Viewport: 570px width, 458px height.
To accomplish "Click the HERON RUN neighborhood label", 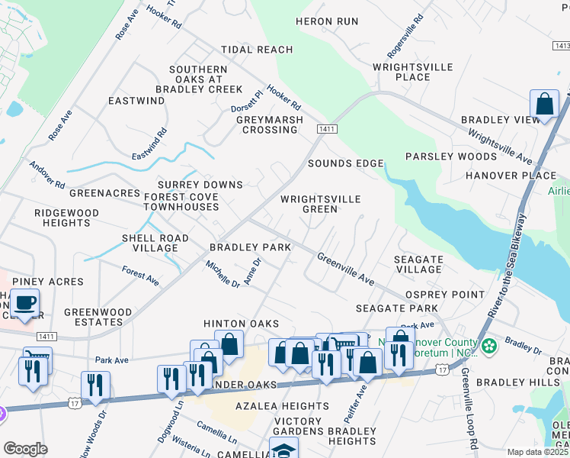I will coord(326,21).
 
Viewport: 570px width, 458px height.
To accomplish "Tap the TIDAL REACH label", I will coord(257,50).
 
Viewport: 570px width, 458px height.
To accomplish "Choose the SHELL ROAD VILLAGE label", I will coord(155,243).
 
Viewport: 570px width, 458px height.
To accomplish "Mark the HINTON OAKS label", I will coord(240,324).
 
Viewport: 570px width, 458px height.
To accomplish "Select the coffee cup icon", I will coord(26,303).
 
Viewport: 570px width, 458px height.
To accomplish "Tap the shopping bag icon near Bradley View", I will coord(545,105).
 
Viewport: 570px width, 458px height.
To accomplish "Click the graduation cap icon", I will coord(283,449).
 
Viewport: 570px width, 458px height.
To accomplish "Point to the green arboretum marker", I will coord(488,347).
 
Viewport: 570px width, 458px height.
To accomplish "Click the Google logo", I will coord(25,449).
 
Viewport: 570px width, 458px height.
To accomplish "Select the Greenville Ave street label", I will coord(345,269).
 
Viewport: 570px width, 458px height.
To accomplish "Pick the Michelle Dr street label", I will coord(222,273).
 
